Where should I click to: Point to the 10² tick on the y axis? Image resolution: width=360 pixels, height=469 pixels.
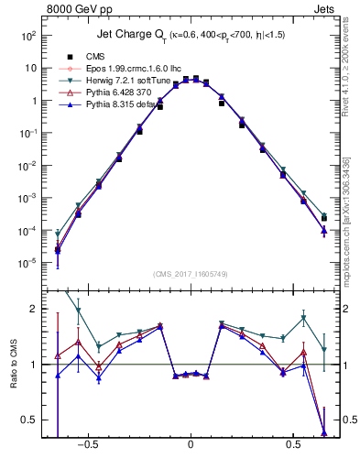pyautogui.click(x=28, y=36)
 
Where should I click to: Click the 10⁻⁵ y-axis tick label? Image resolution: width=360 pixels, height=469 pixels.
pyautogui.click(x=27, y=263)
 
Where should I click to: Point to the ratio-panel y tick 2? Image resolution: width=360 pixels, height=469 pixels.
pyautogui.click(x=32, y=309)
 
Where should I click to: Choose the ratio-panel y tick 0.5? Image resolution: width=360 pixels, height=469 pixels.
pyautogui.click(x=29, y=420)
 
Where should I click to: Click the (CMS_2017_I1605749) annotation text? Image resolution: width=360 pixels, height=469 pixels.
pyautogui.click(x=190, y=274)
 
